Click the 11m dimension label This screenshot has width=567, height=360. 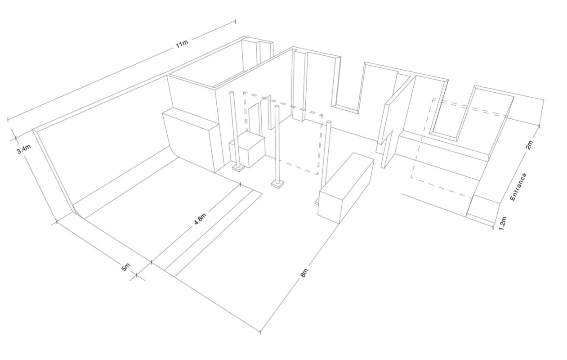tap(182, 44)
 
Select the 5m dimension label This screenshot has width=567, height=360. tap(126, 267)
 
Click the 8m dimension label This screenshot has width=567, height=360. tap(304, 273)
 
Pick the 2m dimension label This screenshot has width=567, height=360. tap(530, 145)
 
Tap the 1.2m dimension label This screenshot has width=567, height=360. tap(503, 223)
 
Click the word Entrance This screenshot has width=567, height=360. tap(518, 187)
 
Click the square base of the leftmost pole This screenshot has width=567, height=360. tap(238, 168)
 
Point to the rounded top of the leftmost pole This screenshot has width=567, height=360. tap(232, 93)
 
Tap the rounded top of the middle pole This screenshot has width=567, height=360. tap(277, 106)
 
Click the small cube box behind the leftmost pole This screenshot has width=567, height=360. tap(247, 149)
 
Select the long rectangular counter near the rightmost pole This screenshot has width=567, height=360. tap(345, 188)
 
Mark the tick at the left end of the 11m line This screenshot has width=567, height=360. tap(9, 119)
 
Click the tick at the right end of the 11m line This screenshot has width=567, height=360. tap(236, 21)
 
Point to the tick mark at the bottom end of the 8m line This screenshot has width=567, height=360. tap(260, 331)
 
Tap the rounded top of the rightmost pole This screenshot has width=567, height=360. tap(329, 123)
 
